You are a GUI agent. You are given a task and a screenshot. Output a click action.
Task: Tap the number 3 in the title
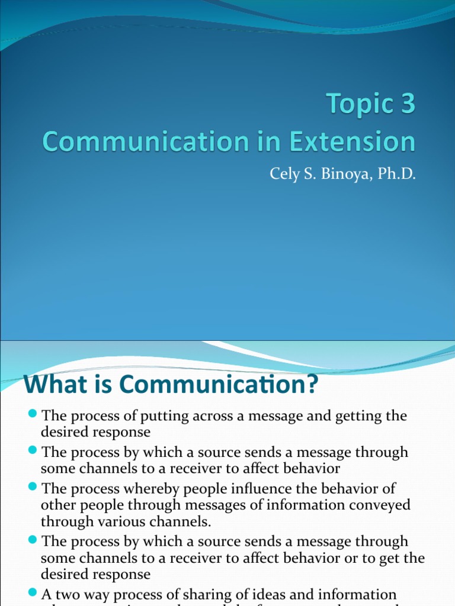pos(408,105)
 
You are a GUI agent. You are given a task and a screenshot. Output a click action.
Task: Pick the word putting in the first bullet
pos(172,417)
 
